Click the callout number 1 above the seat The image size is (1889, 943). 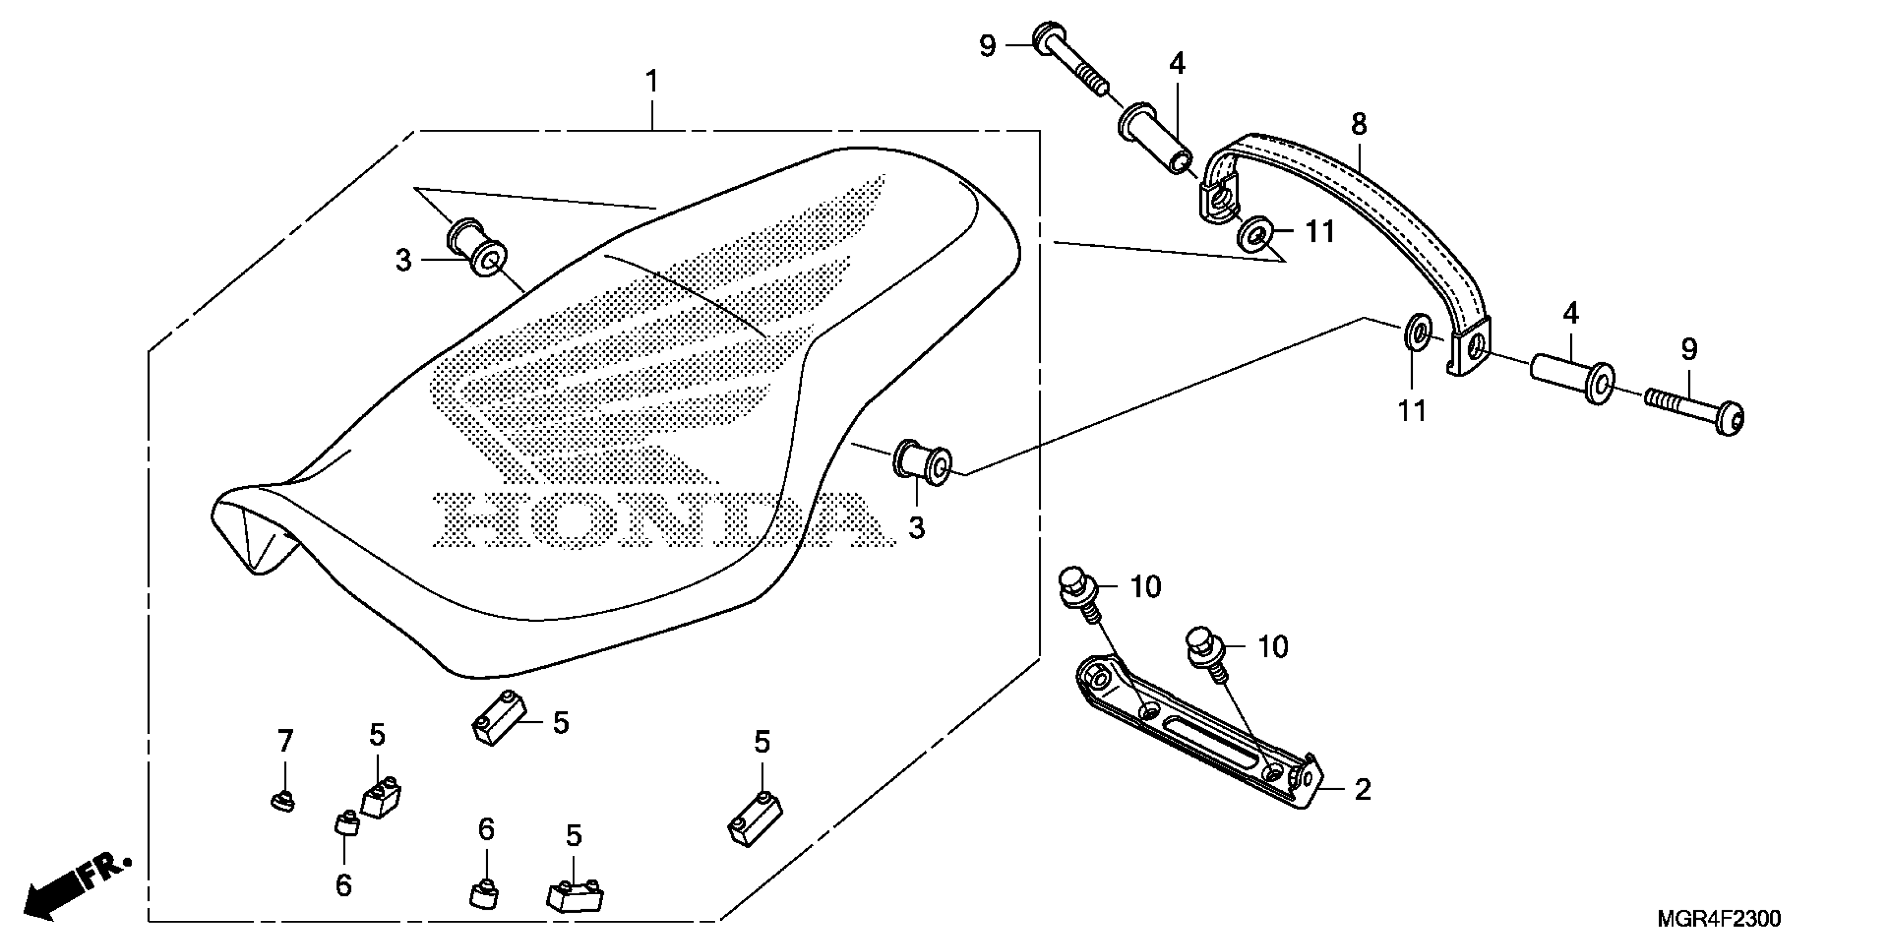click(651, 82)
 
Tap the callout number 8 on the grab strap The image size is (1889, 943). click(1358, 125)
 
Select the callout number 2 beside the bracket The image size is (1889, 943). click(1362, 790)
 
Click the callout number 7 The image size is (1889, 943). click(285, 741)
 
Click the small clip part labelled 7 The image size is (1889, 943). click(282, 802)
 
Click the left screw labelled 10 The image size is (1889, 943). click(1077, 591)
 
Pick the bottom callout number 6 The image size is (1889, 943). click(343, 885)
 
